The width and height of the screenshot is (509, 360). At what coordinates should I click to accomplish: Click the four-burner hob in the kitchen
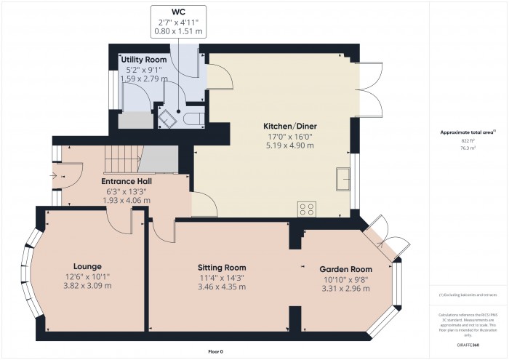click(307, 209)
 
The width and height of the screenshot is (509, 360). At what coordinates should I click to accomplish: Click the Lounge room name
click(87, 266)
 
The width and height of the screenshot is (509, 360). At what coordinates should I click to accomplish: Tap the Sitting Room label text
click(223, 267)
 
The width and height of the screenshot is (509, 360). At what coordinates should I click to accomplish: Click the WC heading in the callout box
click(178, 12)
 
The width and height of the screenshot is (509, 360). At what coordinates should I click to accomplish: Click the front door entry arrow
click(58, 175)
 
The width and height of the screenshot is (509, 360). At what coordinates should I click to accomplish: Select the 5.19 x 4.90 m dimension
click(290, 145)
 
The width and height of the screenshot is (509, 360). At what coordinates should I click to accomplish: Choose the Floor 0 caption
click(215, 351)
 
